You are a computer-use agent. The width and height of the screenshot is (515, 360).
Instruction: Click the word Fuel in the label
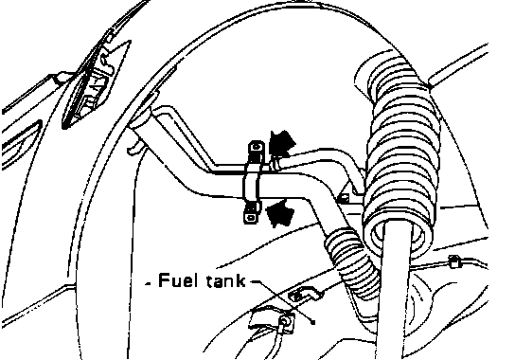[178, 280]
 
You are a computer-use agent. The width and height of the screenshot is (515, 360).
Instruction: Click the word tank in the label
[225, 281]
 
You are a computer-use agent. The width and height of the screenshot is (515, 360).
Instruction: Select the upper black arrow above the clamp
[281, 143]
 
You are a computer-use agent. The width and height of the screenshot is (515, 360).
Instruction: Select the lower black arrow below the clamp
[279, 213]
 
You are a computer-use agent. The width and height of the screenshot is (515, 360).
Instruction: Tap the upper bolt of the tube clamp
[257, 147]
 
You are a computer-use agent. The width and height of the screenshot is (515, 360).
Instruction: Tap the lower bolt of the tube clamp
[252, 217]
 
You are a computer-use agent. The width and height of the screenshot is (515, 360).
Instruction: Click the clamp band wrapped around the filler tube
[252, 184]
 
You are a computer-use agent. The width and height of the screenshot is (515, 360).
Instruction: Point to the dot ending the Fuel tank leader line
[313, 322]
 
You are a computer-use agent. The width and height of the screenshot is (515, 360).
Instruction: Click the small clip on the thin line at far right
[453, 261]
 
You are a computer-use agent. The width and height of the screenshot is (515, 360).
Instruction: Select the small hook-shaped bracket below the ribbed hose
[304, 294]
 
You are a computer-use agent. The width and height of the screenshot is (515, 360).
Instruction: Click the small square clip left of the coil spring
[343, 199]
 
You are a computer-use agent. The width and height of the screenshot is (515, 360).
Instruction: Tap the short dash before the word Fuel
[149, 283]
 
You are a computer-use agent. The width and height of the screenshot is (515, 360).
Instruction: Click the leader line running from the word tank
[282, 301]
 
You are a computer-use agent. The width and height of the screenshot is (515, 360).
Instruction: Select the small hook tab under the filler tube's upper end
[134, 147]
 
